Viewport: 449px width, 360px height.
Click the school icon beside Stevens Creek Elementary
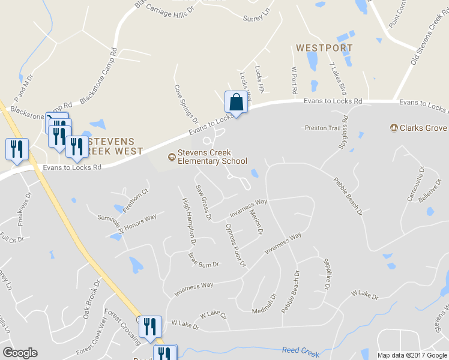tap(172, 157)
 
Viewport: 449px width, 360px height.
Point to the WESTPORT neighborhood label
tap(324, 47)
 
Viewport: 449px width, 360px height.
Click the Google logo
tap(20, 353)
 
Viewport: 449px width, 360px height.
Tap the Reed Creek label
tap(301, 352)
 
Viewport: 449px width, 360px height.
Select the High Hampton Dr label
tap(189, 222)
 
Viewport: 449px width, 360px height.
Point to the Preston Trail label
tap(322, 128)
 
